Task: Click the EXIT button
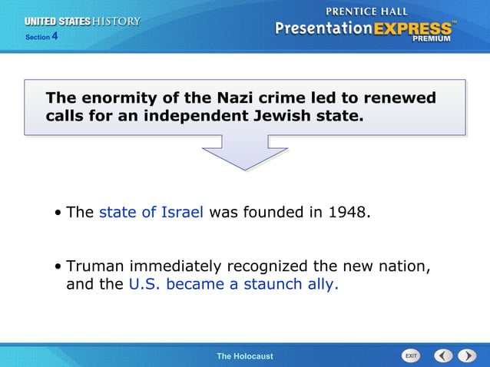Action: (411, 356)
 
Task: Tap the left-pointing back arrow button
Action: (443, 356)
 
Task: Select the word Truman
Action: (95, 266)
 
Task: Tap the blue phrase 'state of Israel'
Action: (151, 212)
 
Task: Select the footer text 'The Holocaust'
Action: (244, 356)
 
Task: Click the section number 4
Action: (55, 35)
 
